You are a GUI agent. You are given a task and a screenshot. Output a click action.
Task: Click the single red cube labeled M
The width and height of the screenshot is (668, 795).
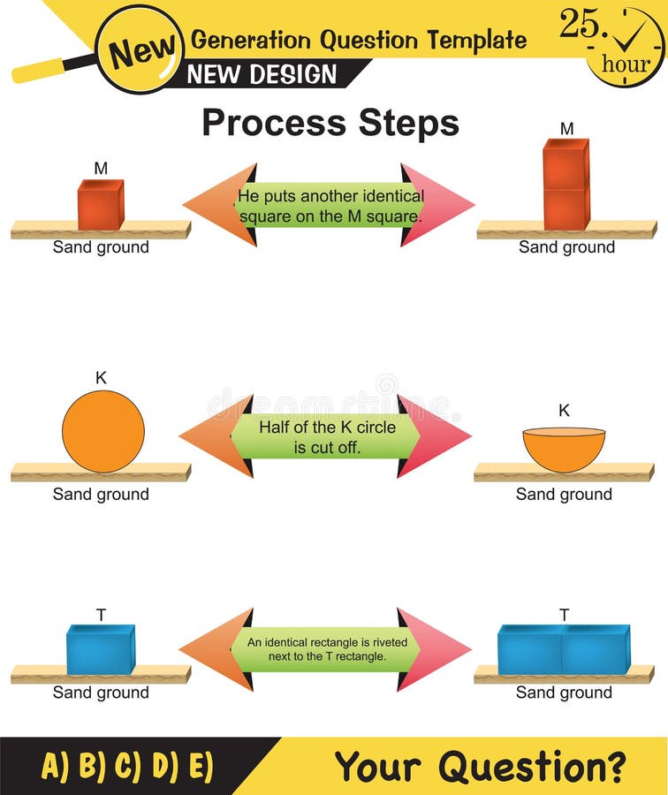pyautogui.click(x=100, y=205)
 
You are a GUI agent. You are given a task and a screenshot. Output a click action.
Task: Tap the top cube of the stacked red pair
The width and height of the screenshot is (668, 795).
pyautogui.click(x=566, y=163)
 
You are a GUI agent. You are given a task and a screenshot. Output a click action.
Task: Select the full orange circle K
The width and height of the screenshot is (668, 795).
pyautogui.click(x=102, y=431)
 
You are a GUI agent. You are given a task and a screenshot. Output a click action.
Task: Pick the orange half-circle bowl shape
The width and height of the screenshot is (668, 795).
pyautogui.click(x=564, y=448)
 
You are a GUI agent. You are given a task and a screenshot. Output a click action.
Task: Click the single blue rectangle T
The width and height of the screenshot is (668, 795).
pyautogui.click(x=100, y=649)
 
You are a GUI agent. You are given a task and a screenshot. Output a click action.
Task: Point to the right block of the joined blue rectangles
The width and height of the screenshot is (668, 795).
pyautogui.click(x=596, y=650)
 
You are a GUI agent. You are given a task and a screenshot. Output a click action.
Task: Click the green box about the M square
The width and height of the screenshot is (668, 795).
pyautogui.click(x=330, y=206)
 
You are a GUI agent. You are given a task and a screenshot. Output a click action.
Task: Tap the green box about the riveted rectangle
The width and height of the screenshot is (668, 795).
pyautogui.click(x=327, y=649)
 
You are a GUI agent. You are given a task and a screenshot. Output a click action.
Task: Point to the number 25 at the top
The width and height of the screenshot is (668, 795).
pyautogui.click(x=579, y=24)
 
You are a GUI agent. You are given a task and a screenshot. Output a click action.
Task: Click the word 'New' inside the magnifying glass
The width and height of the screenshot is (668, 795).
pyautogui.click(x=138, y=50)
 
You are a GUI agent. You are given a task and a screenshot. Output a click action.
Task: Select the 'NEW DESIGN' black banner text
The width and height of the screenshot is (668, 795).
pyautogui.click(x=262, y=74)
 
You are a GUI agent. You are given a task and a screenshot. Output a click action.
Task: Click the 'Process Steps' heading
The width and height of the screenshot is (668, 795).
pyautogui.click(x=330, y=123)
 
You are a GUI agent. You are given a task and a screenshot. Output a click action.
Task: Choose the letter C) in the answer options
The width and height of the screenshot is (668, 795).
pyautogui.click(x=127, y=766)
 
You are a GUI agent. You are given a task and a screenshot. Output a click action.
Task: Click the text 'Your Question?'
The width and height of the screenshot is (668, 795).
pyautogui.click(x=480, y=766)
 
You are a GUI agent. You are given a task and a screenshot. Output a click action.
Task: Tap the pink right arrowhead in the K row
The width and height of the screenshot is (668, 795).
pyautogui.click(x=435, y=436)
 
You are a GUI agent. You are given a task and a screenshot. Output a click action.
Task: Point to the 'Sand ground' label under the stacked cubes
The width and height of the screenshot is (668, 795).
pyautogui.click(x=566, y=247)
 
